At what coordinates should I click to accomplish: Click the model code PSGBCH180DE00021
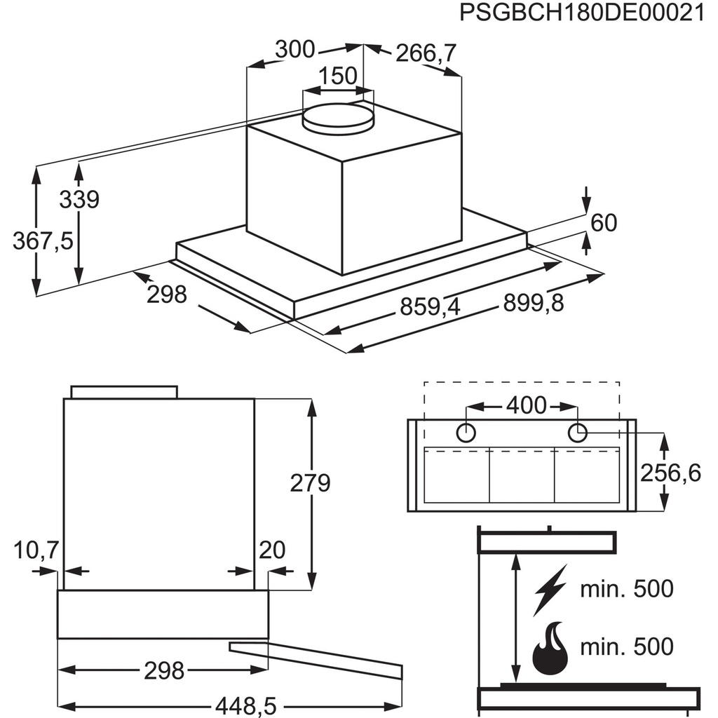point(581,14)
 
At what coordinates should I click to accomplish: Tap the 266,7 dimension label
point(426,53)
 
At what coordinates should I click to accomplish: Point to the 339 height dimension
point(79,200)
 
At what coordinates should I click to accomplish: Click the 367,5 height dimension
point(43,241)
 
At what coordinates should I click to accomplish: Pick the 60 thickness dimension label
point(603,223)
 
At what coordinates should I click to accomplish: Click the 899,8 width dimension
point(534,303)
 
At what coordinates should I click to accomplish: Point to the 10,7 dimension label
point(36,550)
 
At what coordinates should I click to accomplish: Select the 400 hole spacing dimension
point(525,405)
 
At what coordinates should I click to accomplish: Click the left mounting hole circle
point(466,433)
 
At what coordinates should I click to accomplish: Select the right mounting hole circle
point(577,433)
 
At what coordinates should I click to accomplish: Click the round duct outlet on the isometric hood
point(338,116)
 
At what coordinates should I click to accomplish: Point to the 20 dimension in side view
point(272,550)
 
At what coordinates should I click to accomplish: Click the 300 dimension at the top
point(294,49)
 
